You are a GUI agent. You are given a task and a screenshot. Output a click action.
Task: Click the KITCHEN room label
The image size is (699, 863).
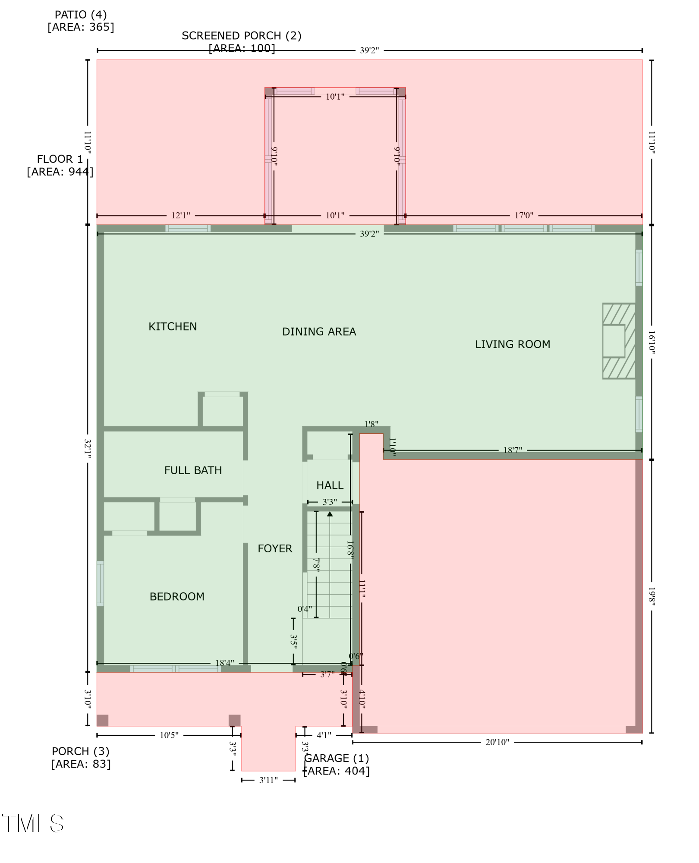click(173, 327)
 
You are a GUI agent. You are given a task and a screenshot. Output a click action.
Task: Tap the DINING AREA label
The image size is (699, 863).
click(319, 332)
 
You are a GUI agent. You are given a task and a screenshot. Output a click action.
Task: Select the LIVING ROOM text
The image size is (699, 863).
click(512, 344)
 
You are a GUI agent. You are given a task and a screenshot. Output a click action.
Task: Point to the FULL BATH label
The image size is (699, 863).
click(193, 470)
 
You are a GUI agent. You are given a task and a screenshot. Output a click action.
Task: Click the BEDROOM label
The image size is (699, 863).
click(177, 596)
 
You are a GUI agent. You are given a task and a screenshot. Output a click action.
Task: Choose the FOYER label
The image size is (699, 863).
click(275, 548)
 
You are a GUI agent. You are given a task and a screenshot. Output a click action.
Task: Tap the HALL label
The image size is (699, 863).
click(330, 485)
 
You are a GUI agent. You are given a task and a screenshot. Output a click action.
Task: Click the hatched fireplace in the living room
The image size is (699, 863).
click(619, 341)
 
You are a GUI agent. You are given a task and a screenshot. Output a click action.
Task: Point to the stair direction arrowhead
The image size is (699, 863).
click(330, 514)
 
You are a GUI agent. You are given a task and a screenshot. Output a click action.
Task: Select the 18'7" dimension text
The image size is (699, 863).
click(513, 450)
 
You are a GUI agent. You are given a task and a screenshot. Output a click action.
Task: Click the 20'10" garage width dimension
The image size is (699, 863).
click(497, 742)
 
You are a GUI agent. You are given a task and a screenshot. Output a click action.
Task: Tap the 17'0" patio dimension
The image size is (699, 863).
click(524, 215)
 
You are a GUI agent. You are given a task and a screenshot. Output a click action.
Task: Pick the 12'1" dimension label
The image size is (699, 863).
click(180, 215)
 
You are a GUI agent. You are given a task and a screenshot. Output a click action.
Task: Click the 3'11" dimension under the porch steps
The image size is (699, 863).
click(268, 780)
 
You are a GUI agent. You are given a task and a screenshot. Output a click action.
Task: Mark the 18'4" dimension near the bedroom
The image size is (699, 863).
click(224, 663)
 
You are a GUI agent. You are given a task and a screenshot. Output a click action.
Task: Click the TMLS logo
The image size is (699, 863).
click(33, 824)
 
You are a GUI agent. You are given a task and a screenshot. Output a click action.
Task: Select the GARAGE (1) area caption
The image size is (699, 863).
click(337, 764)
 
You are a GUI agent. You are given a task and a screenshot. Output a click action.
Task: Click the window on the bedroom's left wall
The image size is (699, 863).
click(100, 583)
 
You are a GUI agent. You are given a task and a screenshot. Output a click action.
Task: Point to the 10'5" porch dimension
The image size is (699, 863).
click(169, 735)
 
